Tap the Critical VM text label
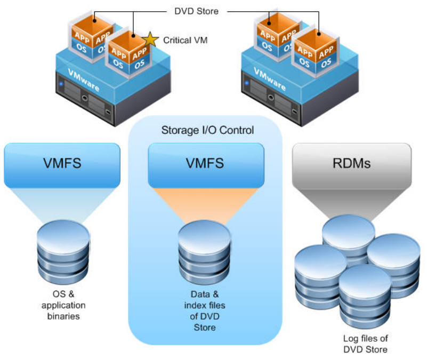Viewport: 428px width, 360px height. [x=185, y=40]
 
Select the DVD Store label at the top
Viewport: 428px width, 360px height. [x=197, y=10]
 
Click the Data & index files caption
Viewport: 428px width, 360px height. [x=205, y=310]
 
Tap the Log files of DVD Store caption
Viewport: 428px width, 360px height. [x=366, y=344]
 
